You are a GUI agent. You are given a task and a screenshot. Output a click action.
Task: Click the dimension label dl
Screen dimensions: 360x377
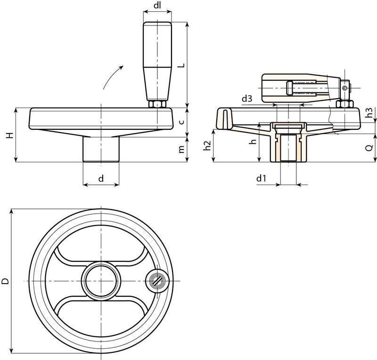[x=157, y=6]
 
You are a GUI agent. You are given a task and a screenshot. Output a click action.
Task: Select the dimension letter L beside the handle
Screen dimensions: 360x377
[x=180, y=65]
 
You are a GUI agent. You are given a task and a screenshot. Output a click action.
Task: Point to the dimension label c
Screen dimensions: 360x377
[x=180, y=121]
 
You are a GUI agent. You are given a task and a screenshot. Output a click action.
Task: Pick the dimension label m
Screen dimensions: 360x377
[x=180, y=149]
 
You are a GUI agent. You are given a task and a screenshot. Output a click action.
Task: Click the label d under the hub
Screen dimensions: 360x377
[x=100, y=178]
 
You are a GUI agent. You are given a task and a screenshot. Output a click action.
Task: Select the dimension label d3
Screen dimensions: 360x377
[x=247, y=99]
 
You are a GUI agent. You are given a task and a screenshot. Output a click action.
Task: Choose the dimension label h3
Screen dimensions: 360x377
[x=370, y=113]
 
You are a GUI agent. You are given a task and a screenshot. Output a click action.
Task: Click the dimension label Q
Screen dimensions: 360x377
[x=370, y=147]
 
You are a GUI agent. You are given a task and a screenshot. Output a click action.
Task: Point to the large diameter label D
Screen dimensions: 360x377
[x=5, y=281]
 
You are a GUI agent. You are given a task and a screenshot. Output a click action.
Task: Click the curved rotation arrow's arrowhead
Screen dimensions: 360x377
[x=122, y=67]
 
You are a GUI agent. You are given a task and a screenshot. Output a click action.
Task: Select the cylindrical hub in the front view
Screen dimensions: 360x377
[x=100, y=149]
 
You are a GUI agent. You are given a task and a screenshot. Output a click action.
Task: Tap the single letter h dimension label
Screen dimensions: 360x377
[x=253, y=142]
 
